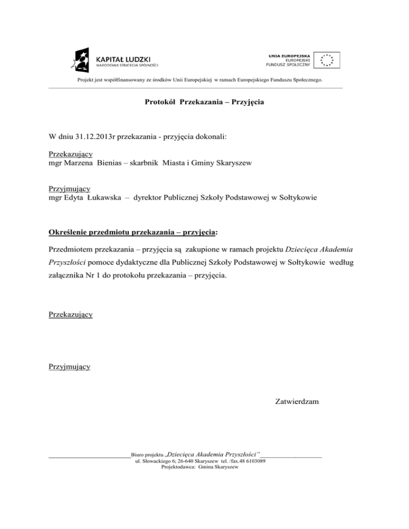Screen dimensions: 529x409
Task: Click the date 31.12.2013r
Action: click(91, 137)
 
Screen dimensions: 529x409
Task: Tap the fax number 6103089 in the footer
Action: click(255, 461)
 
